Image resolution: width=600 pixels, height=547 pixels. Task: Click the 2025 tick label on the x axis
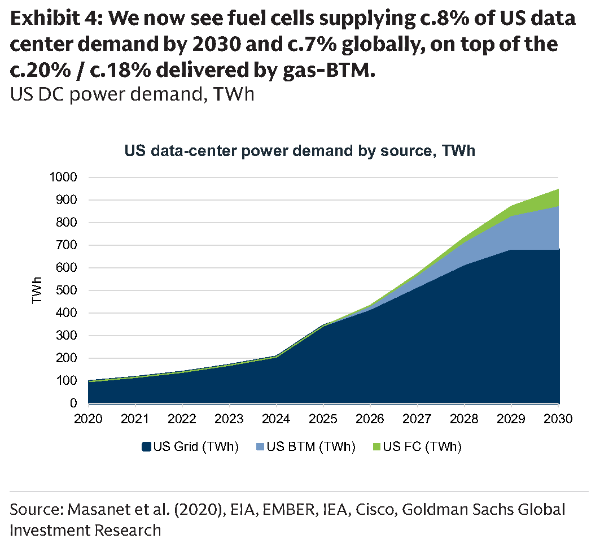(x=323, y=419)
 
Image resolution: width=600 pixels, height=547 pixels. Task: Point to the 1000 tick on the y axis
(x=64, y=177)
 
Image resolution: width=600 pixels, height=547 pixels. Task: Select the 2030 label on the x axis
(x=558, y=419)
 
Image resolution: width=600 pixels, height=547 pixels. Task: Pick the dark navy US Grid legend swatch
(x=146, y=447)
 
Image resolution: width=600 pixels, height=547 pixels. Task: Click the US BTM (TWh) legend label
(x=311, y=447)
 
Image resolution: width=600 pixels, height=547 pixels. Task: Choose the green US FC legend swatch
(x=376, y=447)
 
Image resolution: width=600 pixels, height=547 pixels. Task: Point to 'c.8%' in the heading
(x=442, y=18)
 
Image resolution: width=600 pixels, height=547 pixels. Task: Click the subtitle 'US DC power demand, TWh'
(x=132, y=94)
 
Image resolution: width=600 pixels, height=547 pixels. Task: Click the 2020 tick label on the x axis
(x=88, y=419)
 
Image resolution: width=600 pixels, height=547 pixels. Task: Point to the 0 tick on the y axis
(x=73, y=403)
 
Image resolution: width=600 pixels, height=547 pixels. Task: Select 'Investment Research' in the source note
(x=85, y=531)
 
